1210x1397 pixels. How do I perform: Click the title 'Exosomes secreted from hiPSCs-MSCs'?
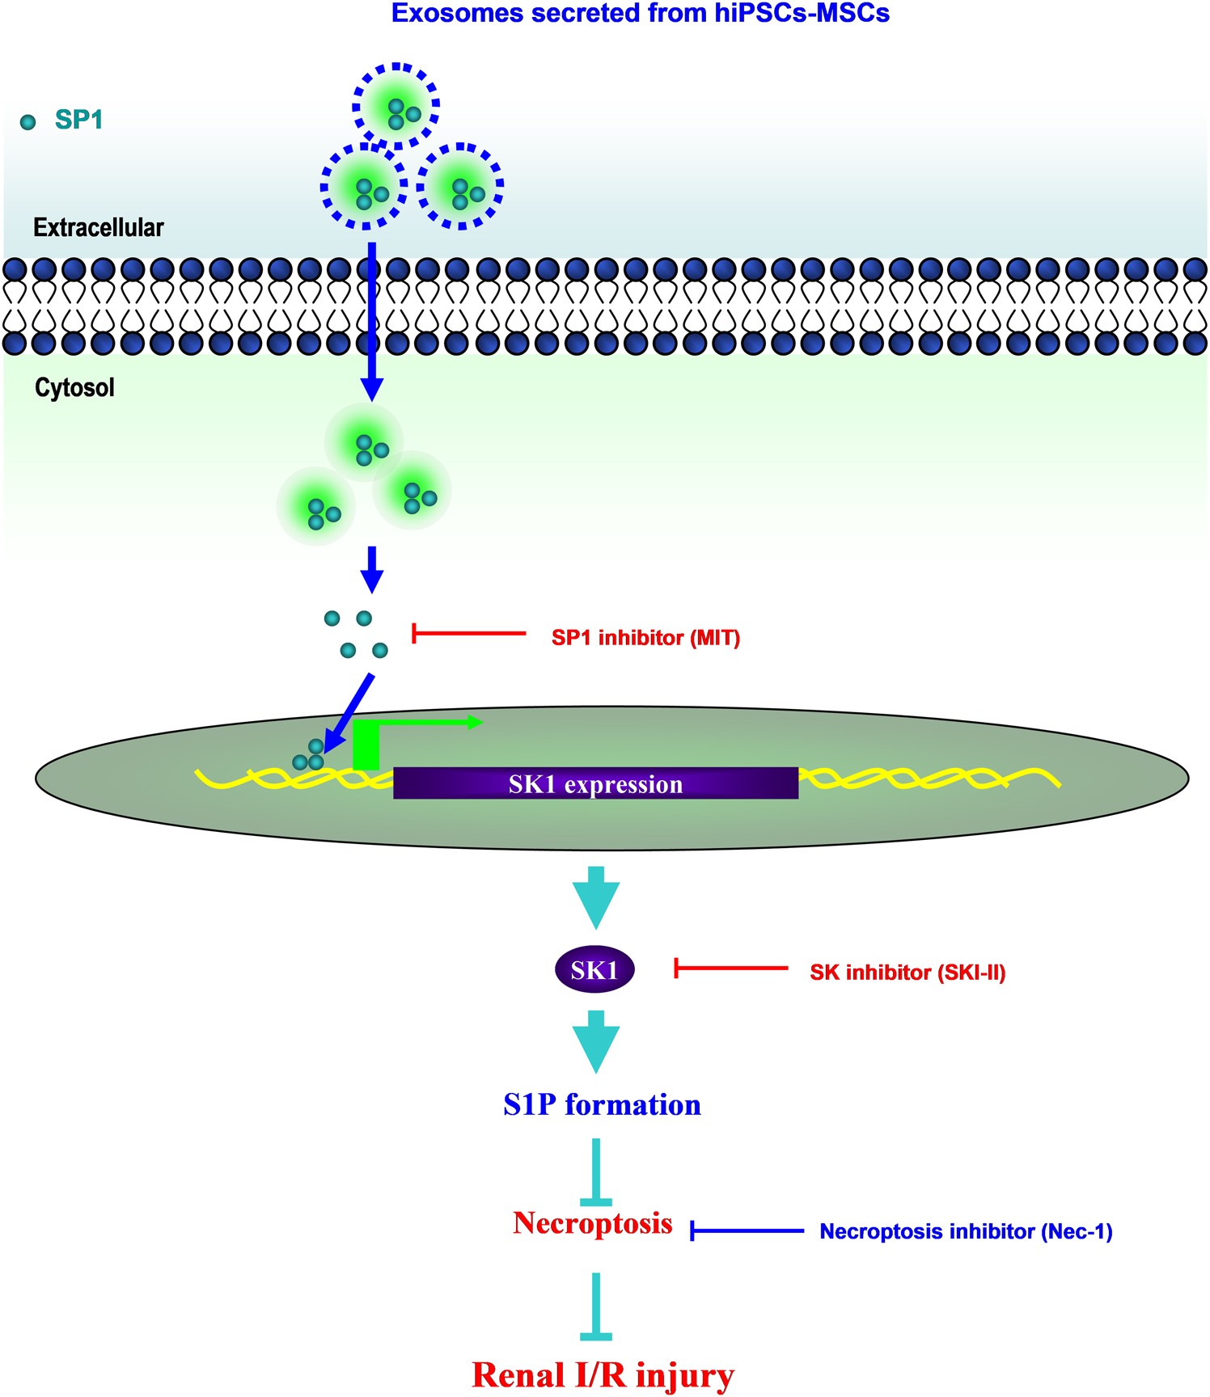pos(640,14)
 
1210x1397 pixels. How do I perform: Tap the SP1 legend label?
pos(78,120)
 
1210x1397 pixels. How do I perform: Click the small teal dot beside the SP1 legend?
pos(28,122)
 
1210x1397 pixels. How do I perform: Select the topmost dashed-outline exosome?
pos(396,106)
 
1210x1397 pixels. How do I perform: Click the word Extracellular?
pos(98,228)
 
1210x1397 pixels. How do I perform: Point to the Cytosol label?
pos(74,388)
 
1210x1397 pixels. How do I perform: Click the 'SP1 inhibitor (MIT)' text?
pos(645,638)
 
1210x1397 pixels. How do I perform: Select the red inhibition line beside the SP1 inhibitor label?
pos(469,633)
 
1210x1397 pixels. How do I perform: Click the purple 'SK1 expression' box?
pos(595,783)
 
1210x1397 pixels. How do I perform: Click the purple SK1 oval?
pos(594,969)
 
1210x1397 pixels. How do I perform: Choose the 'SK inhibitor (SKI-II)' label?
pos(907,973)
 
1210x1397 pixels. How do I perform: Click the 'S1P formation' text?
pos(602,1104)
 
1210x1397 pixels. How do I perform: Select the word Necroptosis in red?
pos(593,1223)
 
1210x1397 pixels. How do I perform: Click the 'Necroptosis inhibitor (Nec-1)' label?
pos(966,1231)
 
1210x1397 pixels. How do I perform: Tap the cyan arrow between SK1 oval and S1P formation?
pos(596,1042)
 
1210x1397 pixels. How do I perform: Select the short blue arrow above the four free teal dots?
pos(371,569)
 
